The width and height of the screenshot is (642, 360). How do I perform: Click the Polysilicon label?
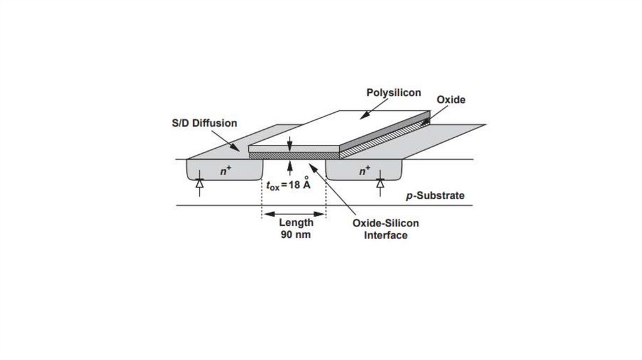393,93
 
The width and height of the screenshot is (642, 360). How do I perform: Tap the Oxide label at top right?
451,100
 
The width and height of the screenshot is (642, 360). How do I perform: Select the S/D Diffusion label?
204,123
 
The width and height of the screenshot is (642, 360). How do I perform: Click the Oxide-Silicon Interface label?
386,229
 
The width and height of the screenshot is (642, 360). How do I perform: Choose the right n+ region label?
364,171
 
